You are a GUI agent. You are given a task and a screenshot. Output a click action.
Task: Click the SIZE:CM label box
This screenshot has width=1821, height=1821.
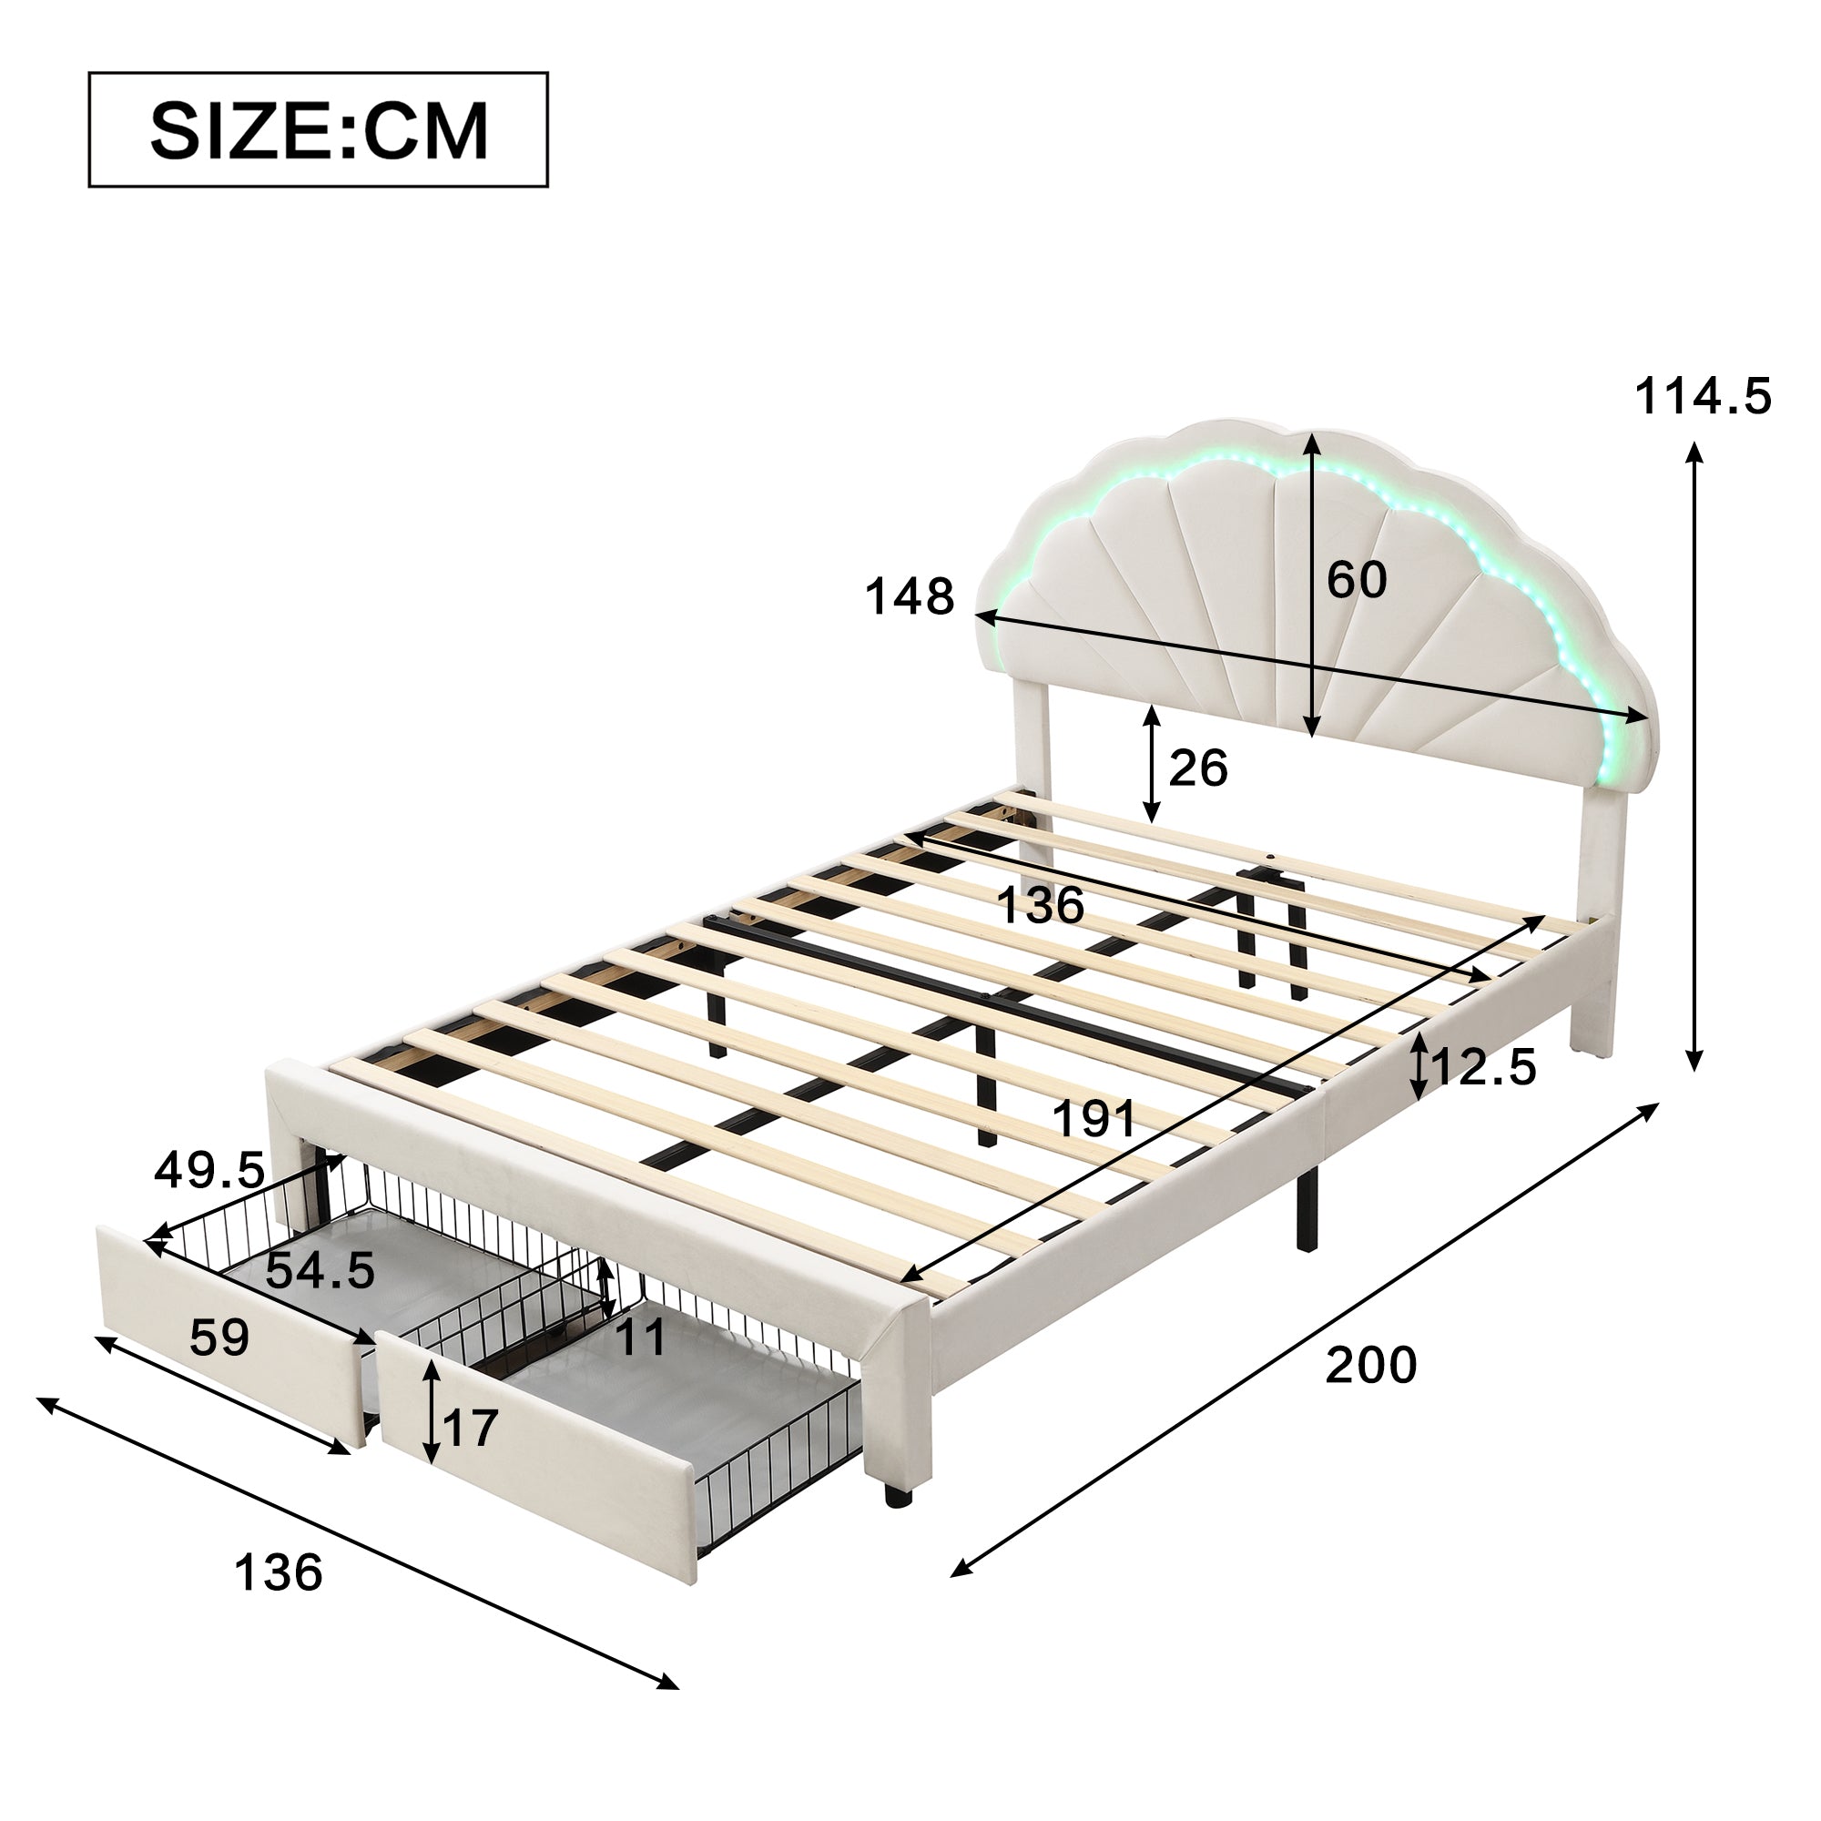click(x=319, y=130)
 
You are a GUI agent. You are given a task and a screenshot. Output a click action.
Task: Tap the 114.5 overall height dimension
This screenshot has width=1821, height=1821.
click(x=1704, y=396)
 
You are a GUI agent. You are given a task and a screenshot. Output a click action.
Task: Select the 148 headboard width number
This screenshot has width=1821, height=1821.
click(x=910, y=596)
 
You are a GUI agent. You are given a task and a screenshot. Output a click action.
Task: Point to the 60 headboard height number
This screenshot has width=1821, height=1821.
click(x=1358, y=580)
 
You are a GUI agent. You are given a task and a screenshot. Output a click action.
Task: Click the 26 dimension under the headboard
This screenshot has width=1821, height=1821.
click(x=1198, y=768)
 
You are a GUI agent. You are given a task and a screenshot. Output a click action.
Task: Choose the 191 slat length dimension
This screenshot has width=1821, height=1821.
click(x=1094, y=1120)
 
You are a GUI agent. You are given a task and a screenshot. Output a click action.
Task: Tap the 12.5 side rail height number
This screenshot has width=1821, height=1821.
click(x=1483, y=1067)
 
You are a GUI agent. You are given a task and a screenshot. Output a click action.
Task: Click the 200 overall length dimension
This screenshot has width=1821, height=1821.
click(x=1371, y=1365)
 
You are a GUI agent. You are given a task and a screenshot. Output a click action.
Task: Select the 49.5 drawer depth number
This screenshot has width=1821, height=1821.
click(x=210, y=1171)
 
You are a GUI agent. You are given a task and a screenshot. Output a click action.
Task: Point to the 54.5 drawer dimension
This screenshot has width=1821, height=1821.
click(x=320, y=1270)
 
